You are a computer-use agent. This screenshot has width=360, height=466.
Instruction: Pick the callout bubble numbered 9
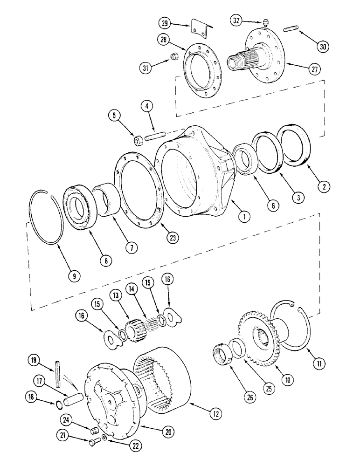coord(75,276)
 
